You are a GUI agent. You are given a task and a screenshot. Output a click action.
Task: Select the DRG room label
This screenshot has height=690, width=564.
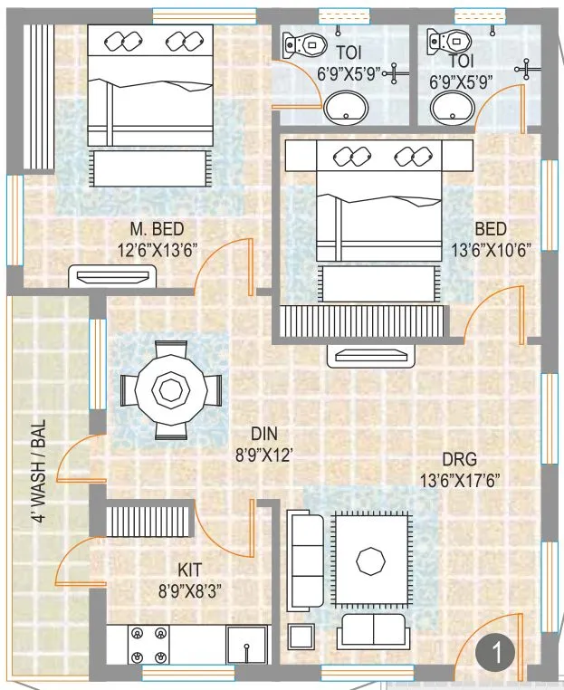tap(459, 458)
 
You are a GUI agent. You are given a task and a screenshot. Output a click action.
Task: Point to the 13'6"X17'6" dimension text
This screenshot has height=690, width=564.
tap(459, 480)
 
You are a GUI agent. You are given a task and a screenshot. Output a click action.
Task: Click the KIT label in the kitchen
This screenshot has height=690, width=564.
tap(188, 570)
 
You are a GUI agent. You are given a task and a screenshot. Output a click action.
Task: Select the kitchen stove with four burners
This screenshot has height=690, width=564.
tap(148, 645)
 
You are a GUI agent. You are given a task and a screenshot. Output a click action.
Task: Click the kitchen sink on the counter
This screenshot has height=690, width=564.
tap(246, 645)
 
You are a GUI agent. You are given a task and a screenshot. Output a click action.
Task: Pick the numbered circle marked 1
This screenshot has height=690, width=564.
tap(499, 651)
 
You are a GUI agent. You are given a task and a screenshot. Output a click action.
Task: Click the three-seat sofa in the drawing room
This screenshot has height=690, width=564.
tap(305, 560)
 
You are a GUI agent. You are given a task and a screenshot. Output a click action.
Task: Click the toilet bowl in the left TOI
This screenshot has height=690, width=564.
tap(301, 43)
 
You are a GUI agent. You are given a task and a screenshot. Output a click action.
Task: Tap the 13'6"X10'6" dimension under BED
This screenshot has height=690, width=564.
tap(491, 250)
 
